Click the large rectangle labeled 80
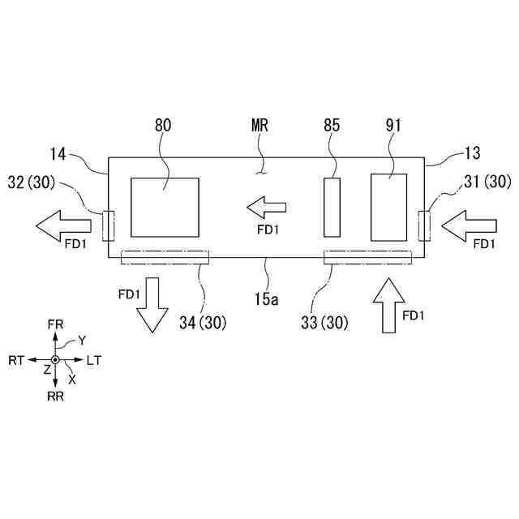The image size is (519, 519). pos(165,209)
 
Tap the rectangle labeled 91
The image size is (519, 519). pos(389,207)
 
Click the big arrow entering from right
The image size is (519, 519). pos(465,222)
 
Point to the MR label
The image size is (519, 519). pos(259,126)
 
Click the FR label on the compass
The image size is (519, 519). pos(55,324)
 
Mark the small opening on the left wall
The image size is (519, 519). pos(109,225)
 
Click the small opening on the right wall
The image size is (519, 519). pos(423,224)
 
